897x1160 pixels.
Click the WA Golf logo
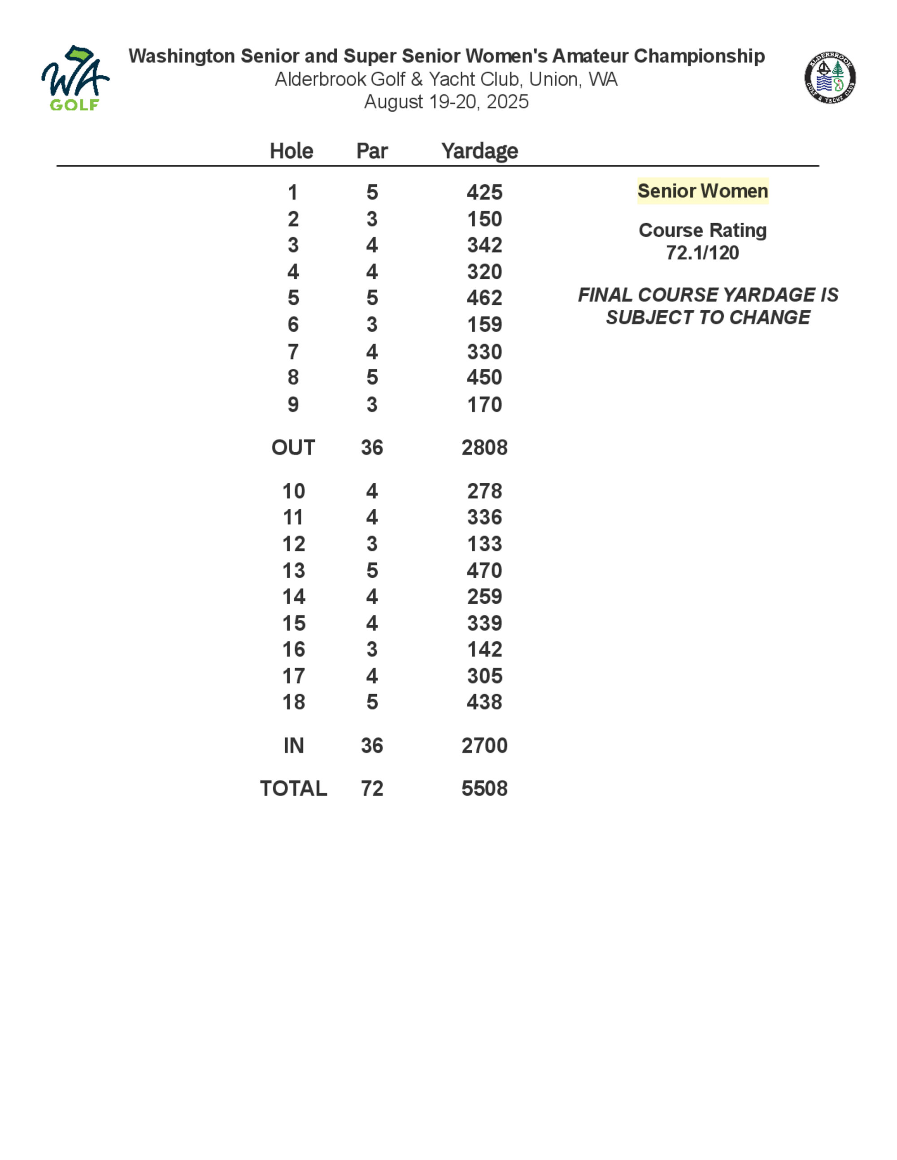click(x=75, y=78)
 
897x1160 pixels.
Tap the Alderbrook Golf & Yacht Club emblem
click(x=830, y=78)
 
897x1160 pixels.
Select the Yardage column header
click(x=479, y=151)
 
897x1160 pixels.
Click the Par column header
click(x=372, y=151)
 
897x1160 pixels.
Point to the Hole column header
click(x=291, y=151)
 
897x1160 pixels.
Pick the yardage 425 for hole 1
click(x=484, y=192)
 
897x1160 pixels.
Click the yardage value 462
click(x=484, y=298)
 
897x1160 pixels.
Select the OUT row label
click(x=293, y=448)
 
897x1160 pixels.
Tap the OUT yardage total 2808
click(x=484, y=448)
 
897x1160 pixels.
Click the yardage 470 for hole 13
click(x=484, y=571)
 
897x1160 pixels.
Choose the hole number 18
click(x=293, y=702)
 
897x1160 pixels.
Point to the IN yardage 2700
click(x=484, y=746)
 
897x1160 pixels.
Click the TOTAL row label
click(x=293, y=789)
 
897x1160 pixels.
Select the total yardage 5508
click(x=484, y=789)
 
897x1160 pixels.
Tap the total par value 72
click(x=372, y=789)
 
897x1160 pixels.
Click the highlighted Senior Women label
click(x=702, y=190)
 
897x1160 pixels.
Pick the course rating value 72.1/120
click(x=702, y=253)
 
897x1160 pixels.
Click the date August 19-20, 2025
click(x=446, y=101)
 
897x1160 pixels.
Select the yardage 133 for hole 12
click(x=484, y=544)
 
